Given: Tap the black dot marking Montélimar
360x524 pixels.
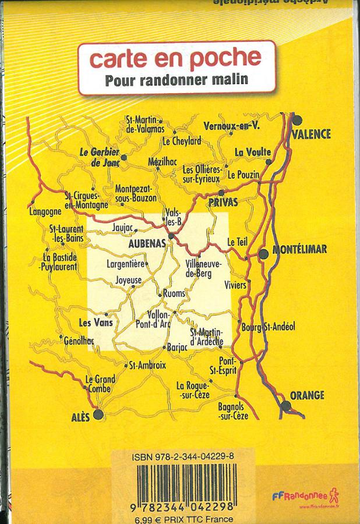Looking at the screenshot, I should click(263, 253).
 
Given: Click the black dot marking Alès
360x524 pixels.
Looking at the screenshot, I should click(98, 414).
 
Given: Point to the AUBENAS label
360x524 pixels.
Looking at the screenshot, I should click(146, 246).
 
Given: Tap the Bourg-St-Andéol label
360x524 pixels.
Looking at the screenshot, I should click(268, 327).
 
